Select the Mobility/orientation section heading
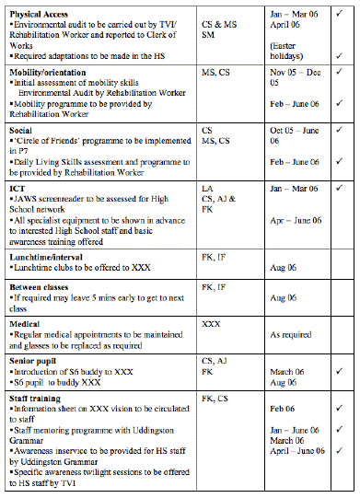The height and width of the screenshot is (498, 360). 49,71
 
